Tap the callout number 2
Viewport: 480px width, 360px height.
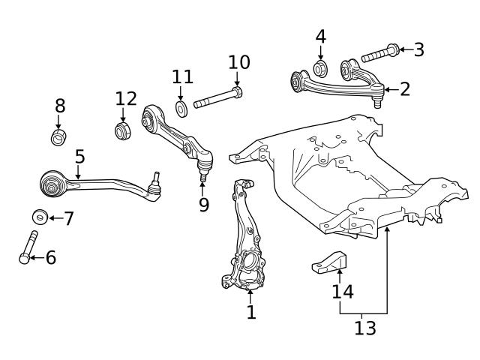[x=405, y=90]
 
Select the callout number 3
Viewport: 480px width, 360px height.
[x=418, y=50]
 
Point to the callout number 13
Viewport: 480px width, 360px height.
[x=365, y=328]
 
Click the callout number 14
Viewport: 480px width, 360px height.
[x=343, y=291]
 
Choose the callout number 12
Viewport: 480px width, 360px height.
[x=126, y=98]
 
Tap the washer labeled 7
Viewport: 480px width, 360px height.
[x=40, y=217]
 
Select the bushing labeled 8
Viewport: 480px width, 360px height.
[x=59, y=137]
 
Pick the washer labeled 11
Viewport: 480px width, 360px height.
[x=182, y=107]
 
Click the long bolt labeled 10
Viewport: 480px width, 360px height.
[x=217, y=97]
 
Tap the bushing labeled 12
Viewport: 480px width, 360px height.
[x=124, y=130]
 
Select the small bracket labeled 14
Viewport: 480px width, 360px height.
[x=329, y=262]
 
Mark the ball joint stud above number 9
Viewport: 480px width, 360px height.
[x=202, y=177]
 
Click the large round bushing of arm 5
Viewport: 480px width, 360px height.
[x=52, y=182]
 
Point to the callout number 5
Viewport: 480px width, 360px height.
[x=79, y=157]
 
